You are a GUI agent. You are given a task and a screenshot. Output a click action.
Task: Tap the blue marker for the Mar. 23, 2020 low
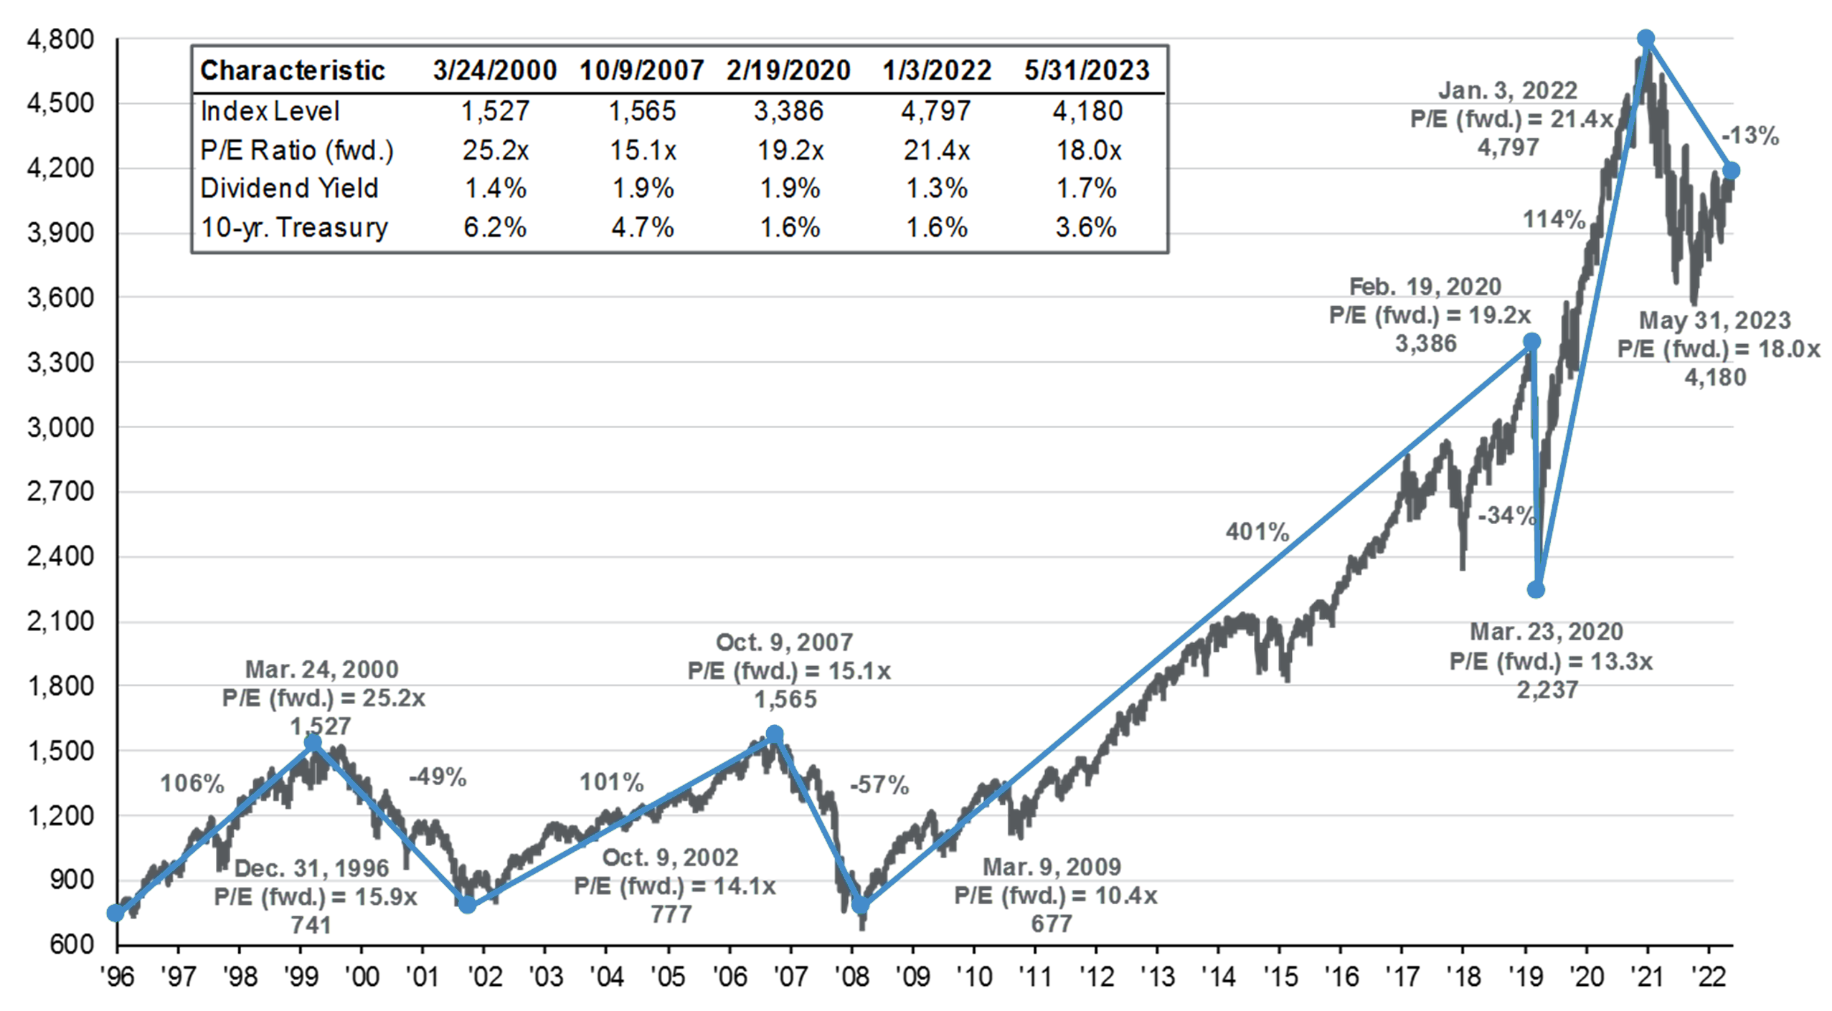tap(1535, 589)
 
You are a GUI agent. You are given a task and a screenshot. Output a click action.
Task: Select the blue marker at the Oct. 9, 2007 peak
tap(774, 734)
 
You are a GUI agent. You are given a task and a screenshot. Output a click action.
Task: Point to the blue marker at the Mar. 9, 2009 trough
tap(860, 905)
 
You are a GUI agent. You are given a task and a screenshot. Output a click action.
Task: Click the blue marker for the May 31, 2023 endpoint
tap(1731, 171)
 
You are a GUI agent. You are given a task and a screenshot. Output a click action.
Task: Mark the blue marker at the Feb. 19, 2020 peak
tap(1531, 341)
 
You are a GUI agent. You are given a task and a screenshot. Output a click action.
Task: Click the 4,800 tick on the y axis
tap(60, 39)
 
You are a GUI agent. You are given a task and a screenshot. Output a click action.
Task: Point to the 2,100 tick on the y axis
tap(60, 621)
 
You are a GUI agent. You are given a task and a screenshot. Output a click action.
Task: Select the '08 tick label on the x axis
tap(851, 977)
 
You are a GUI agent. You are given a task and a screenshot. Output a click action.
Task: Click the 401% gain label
tap(1257, 532)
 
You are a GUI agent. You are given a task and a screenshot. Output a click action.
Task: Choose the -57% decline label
tap(879, 785)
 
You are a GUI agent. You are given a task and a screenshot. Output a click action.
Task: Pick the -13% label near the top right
tap(1750, 136)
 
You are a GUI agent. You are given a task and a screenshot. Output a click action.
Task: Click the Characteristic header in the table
tap(293, 70)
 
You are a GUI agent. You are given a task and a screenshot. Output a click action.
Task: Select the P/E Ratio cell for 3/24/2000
tap(495, 151)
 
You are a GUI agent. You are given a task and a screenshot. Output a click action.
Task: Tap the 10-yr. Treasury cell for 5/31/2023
tap(1086, 227)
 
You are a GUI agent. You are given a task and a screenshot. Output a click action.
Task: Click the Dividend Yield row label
tap(289, 189)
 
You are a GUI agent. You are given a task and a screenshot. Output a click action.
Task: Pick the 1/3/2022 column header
tap(937, 70)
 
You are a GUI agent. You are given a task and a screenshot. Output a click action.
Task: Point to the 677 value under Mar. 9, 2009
tap(1052, 924)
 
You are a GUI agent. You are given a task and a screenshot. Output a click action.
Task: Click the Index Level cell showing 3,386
tap(788, 111)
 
